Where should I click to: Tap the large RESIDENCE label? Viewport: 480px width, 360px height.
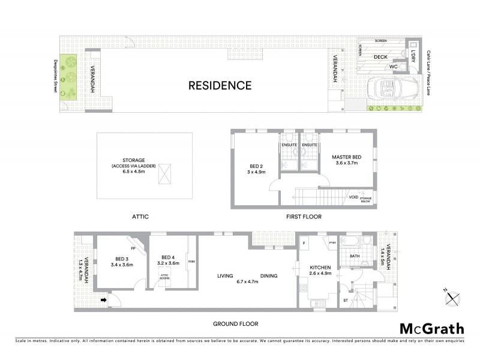(x=220, y=85)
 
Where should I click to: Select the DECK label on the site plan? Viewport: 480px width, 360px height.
(x=380, y=57)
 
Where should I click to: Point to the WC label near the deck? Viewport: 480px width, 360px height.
(x=394, y=67)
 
